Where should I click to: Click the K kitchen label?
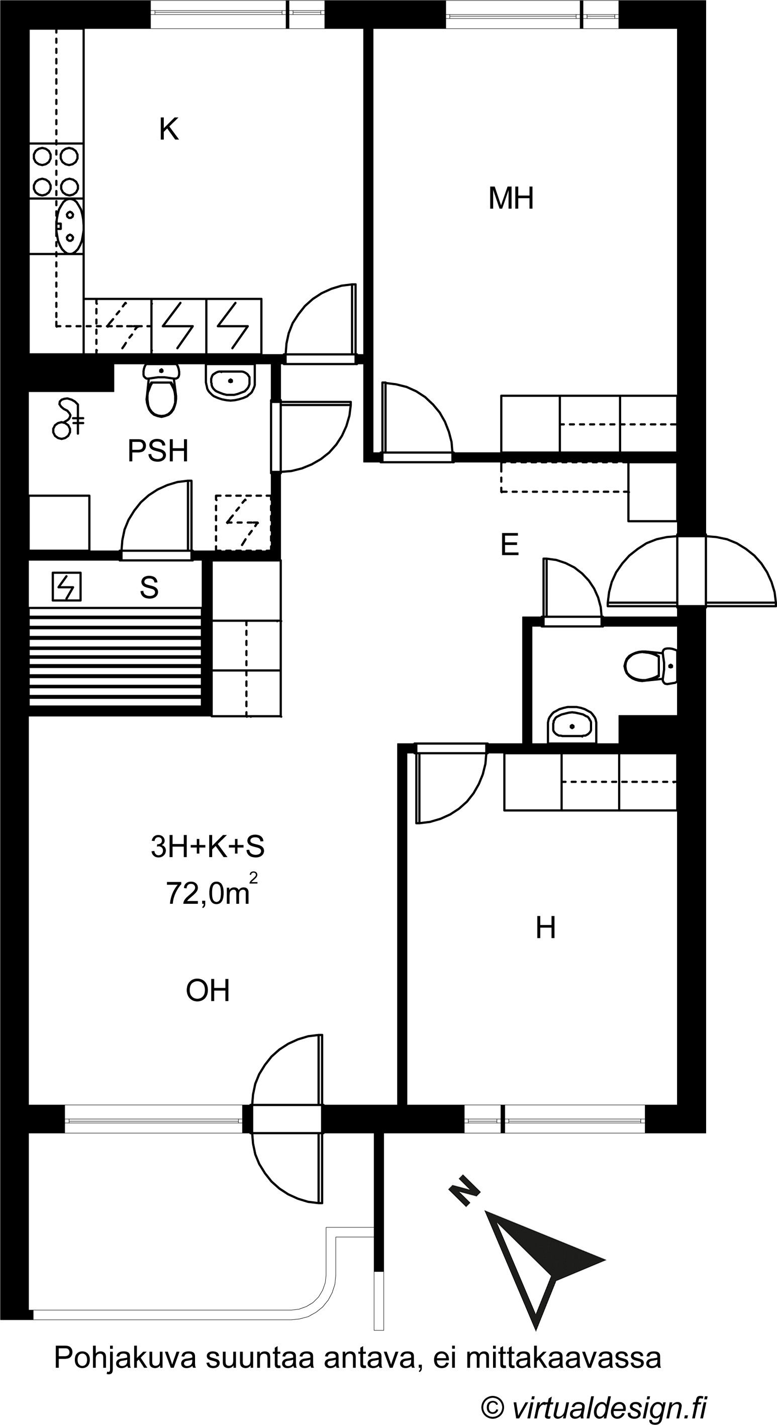pos(169,130)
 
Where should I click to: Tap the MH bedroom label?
pos(511,198)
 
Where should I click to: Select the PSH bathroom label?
pos(158,451)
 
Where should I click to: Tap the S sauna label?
pos(149,588)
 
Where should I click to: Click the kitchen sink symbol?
pos(69,226)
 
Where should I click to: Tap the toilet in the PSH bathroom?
pos(161,390)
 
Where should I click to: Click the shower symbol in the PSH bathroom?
pos(67,420)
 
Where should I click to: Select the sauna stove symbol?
pos(67,587)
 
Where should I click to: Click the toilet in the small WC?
pos(650,666)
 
